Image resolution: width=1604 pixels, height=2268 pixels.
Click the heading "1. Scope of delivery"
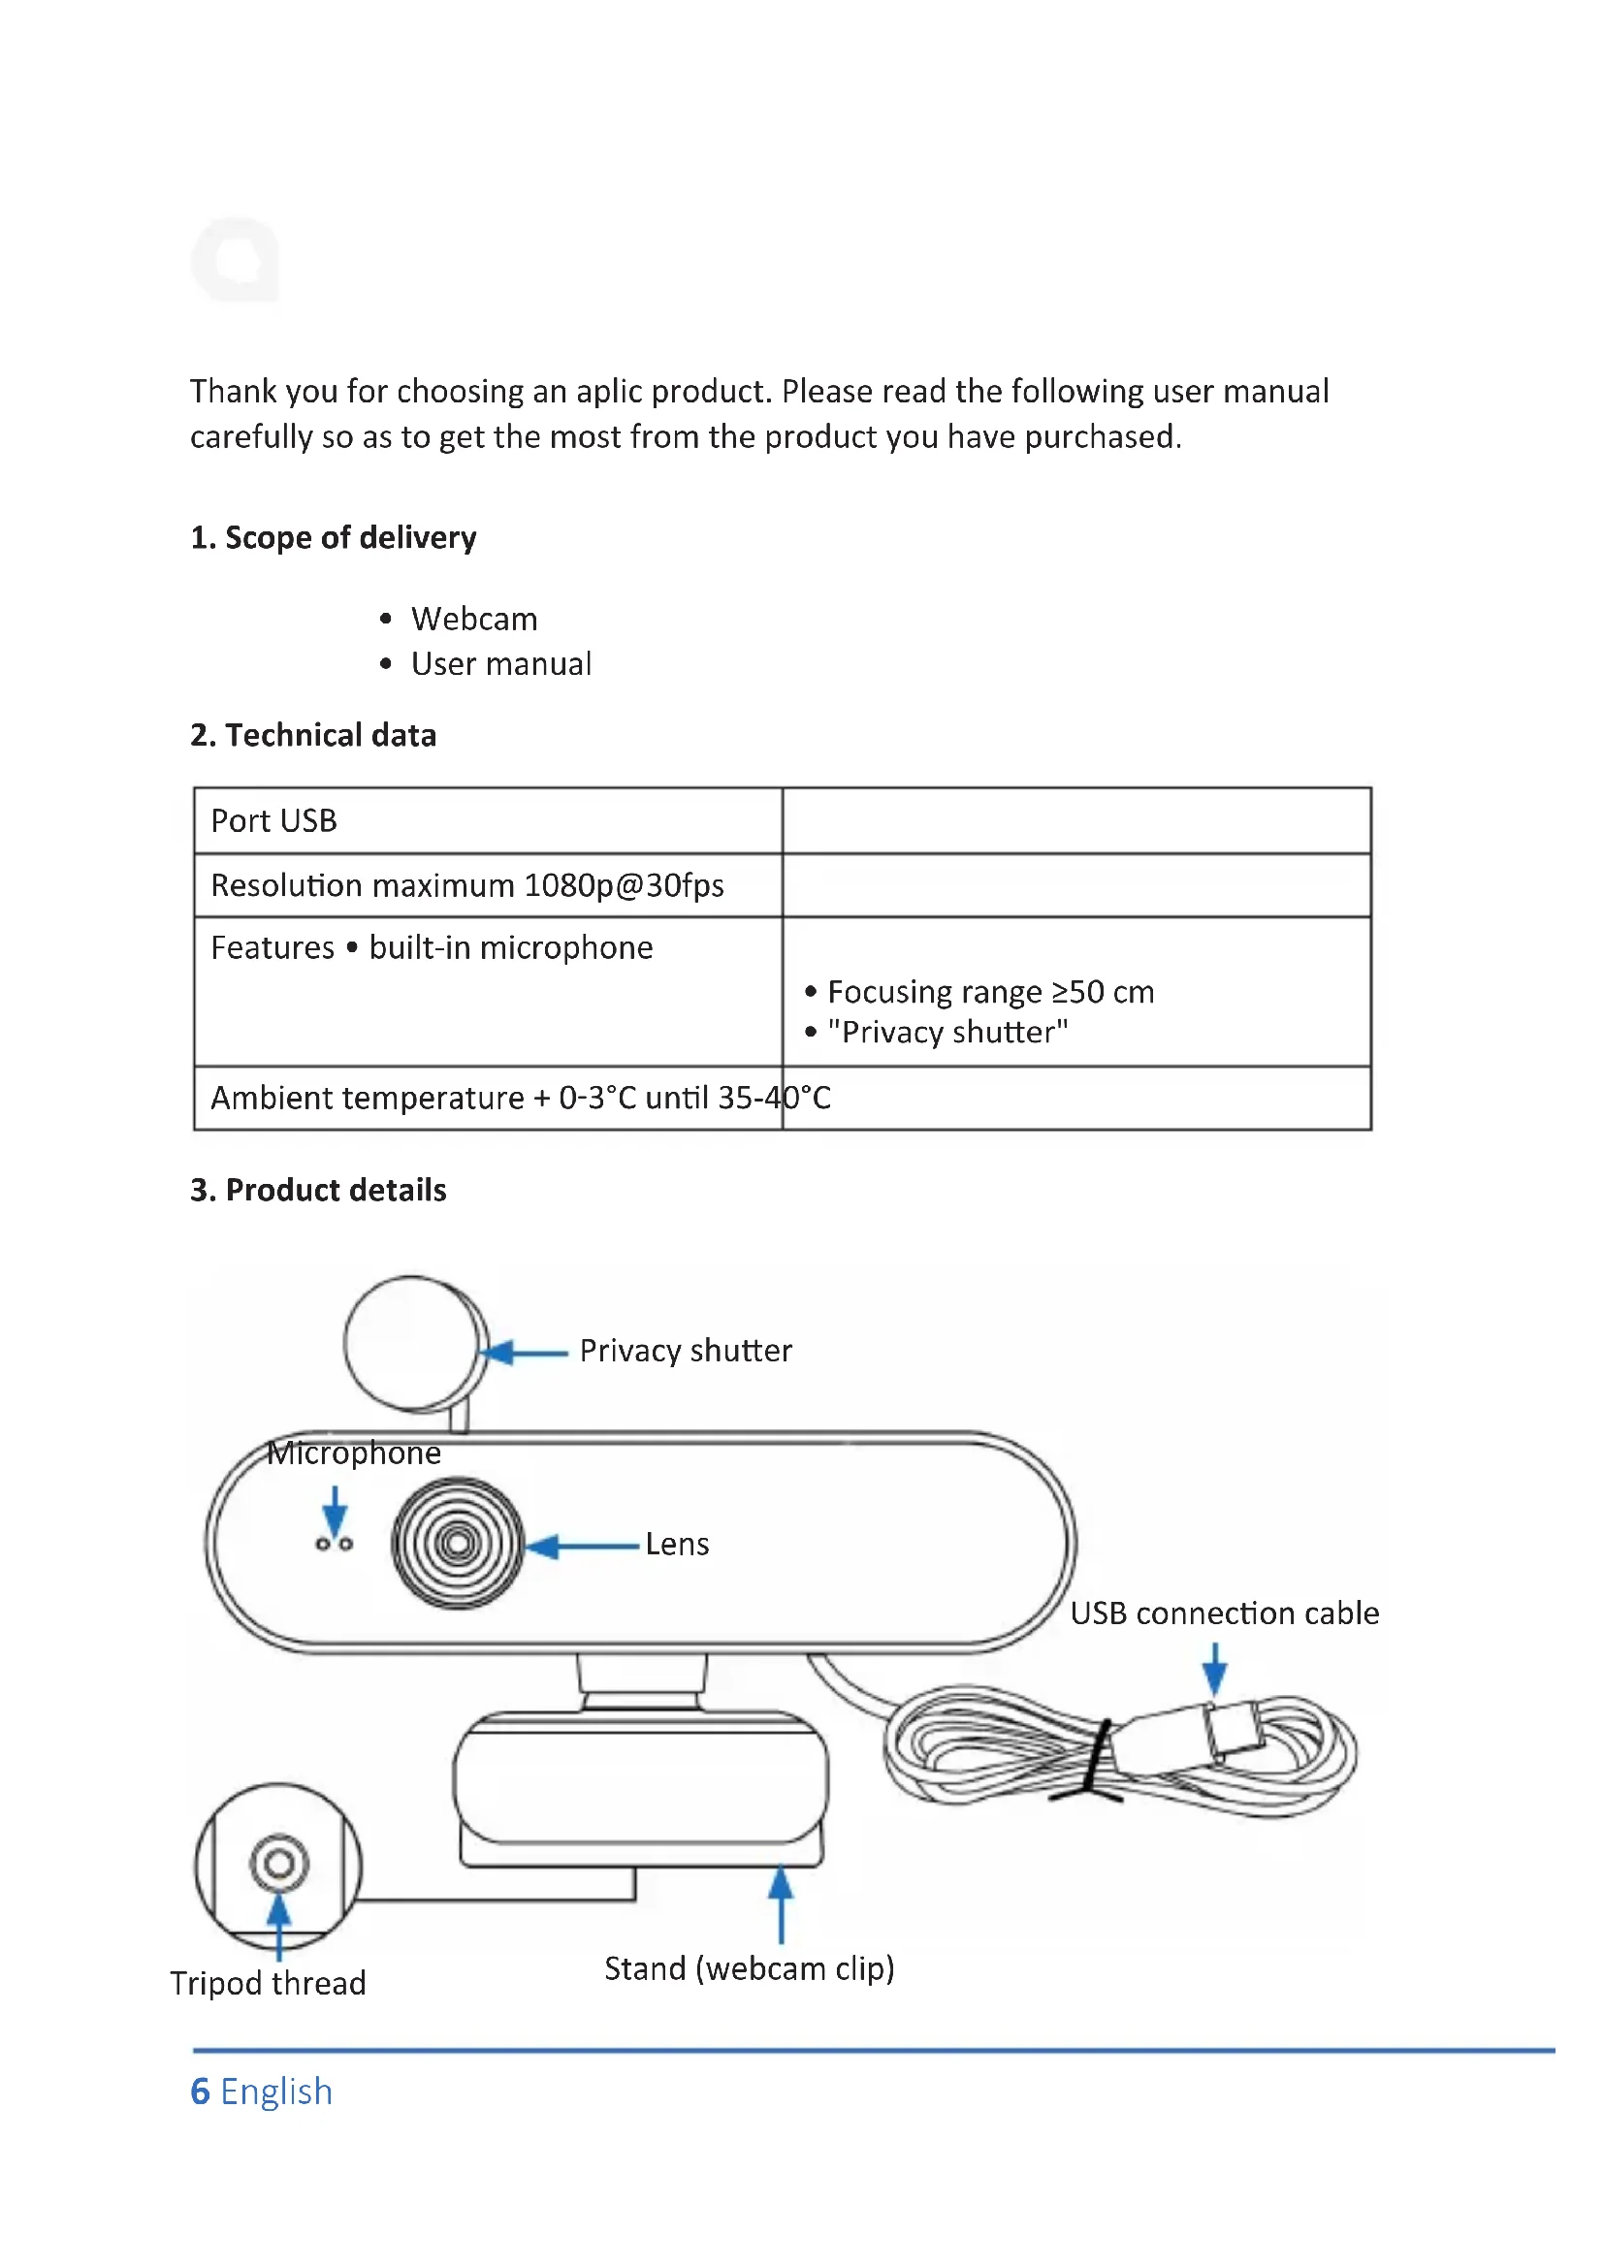click(333, 537)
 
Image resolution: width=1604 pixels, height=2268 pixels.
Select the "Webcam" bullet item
click(474, 620)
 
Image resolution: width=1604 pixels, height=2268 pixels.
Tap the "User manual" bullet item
click(500, 664)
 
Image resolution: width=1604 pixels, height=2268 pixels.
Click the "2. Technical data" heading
click(313, 735)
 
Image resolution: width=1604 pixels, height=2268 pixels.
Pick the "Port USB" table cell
click(273, 821)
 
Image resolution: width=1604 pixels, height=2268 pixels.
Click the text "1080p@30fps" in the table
click(624, 885)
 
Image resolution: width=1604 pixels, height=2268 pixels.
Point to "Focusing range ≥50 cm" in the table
click(990, 992)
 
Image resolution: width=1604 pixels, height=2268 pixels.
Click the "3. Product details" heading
click(318, 1191)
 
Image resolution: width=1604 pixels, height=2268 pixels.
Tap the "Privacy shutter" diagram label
click(686, 1351)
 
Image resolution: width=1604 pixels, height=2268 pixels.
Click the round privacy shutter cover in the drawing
click(413, 1343)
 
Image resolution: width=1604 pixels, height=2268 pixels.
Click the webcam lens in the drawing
click(458, 1544)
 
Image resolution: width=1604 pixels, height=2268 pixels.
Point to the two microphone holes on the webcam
click(334, 1544)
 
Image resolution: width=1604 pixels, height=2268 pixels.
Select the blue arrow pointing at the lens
click(583, 1546)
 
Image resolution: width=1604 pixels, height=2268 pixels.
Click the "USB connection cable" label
click(1224, 1613)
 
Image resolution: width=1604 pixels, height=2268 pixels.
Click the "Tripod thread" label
click(268, 1984)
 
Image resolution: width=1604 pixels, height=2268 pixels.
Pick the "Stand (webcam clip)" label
click(749, 1968)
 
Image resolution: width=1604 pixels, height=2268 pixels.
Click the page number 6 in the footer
click(200, 2092)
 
